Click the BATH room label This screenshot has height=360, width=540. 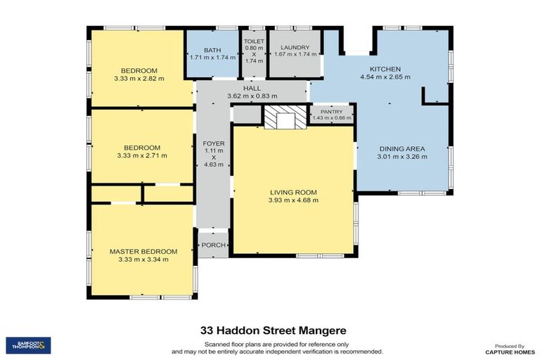point(212,50)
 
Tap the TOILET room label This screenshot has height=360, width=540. point(254,41)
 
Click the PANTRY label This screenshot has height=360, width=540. point(330,112)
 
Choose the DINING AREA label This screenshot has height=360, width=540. point(402,149)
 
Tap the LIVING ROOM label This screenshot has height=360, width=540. point(293,192)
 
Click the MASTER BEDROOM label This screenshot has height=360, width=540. point(143,251)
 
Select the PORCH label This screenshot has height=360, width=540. point(213,245)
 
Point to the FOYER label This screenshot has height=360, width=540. point(214,143)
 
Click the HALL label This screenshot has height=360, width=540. point(252,88)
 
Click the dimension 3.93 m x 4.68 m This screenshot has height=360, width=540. point(293,200)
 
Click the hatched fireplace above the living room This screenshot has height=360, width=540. point(285,115)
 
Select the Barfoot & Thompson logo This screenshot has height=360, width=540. point(28,345)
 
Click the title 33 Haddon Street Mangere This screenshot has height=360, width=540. point(269,330)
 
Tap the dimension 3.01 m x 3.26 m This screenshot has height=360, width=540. point(402,157)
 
